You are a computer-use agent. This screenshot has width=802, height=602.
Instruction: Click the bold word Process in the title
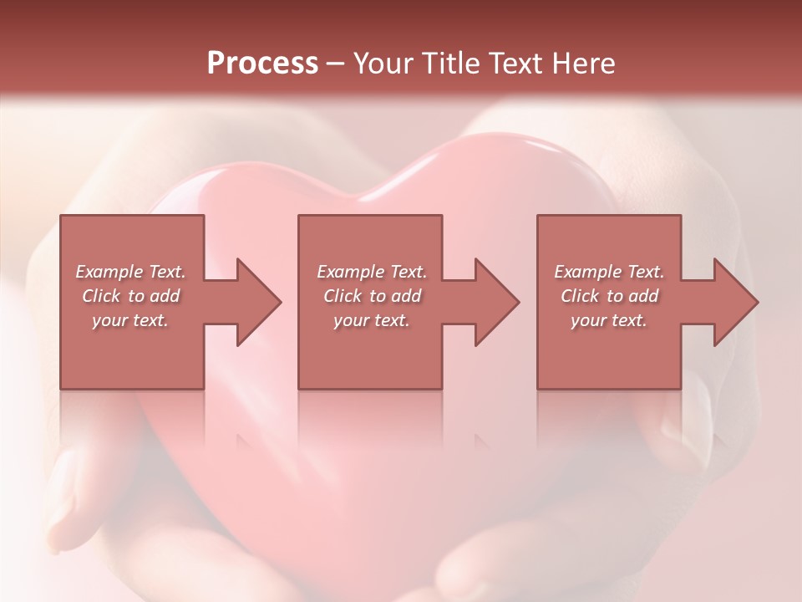click(262, 64)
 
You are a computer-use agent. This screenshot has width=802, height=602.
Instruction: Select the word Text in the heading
click(515, 64)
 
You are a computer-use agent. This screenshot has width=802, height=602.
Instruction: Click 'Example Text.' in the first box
click(130, 272)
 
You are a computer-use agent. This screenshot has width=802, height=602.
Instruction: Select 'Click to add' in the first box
click(130, 296)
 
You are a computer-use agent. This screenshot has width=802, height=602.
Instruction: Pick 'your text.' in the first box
click(130, 320)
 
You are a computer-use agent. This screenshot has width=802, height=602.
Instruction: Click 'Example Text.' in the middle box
click(371, 272)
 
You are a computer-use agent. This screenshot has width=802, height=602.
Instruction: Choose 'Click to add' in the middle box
click(371, 296)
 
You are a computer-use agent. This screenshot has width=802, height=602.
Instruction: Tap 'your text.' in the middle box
click(371, 320)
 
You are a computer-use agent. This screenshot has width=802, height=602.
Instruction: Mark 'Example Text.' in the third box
click(609, 272)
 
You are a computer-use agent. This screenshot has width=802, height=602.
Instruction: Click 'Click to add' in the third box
click(609, 296)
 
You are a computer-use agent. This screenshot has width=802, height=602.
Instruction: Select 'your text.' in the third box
click(609, 320)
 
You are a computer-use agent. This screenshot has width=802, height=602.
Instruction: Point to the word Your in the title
click(380, 64)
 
